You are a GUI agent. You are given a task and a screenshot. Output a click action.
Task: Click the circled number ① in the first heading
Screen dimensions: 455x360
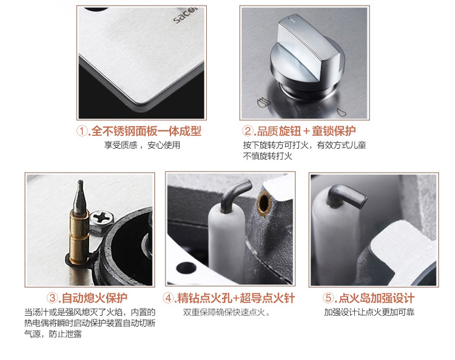[82, 131]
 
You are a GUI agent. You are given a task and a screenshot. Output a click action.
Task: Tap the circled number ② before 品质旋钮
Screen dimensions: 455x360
[248, 131]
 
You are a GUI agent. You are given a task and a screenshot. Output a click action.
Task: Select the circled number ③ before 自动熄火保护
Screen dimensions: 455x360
[53, 298]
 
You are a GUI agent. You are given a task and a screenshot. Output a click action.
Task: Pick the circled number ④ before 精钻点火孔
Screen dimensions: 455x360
[168, 298]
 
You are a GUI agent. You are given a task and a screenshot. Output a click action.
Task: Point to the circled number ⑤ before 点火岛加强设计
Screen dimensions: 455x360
[328, 298]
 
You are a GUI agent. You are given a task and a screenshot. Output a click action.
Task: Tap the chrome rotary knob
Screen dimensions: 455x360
[307, 55]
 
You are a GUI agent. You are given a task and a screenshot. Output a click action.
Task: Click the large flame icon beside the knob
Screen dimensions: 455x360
[263, 102]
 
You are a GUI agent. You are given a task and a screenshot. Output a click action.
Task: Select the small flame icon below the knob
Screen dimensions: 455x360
[341, 112]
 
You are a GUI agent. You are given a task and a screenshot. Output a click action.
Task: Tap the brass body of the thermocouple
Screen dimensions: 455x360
[79, 237]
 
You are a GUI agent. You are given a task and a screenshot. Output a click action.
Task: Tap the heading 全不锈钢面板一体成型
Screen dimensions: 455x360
[146, 131]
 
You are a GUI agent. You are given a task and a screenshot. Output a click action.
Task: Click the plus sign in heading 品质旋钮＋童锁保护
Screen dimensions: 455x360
[306, 131]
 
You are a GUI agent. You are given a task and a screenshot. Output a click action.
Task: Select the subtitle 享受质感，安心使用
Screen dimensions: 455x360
[142, 145]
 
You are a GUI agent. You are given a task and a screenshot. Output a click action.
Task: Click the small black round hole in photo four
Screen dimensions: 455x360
[186, 267]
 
